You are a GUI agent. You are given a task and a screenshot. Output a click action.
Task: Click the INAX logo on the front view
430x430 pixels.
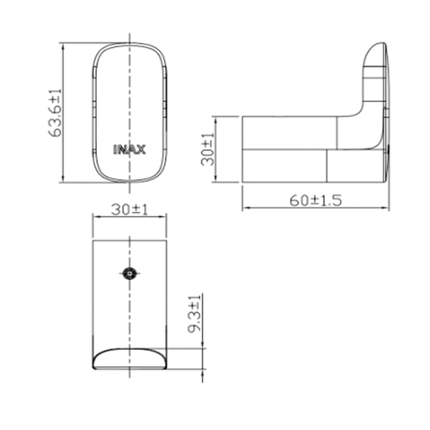pyautogui.click(x=130, y=150)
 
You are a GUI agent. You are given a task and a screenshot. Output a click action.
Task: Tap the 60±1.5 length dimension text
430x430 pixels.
pyautogui.click(x=315, y=201)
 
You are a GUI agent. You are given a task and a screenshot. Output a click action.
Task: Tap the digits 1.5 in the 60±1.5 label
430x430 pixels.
pyautogui.click(x=329, y=201)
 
